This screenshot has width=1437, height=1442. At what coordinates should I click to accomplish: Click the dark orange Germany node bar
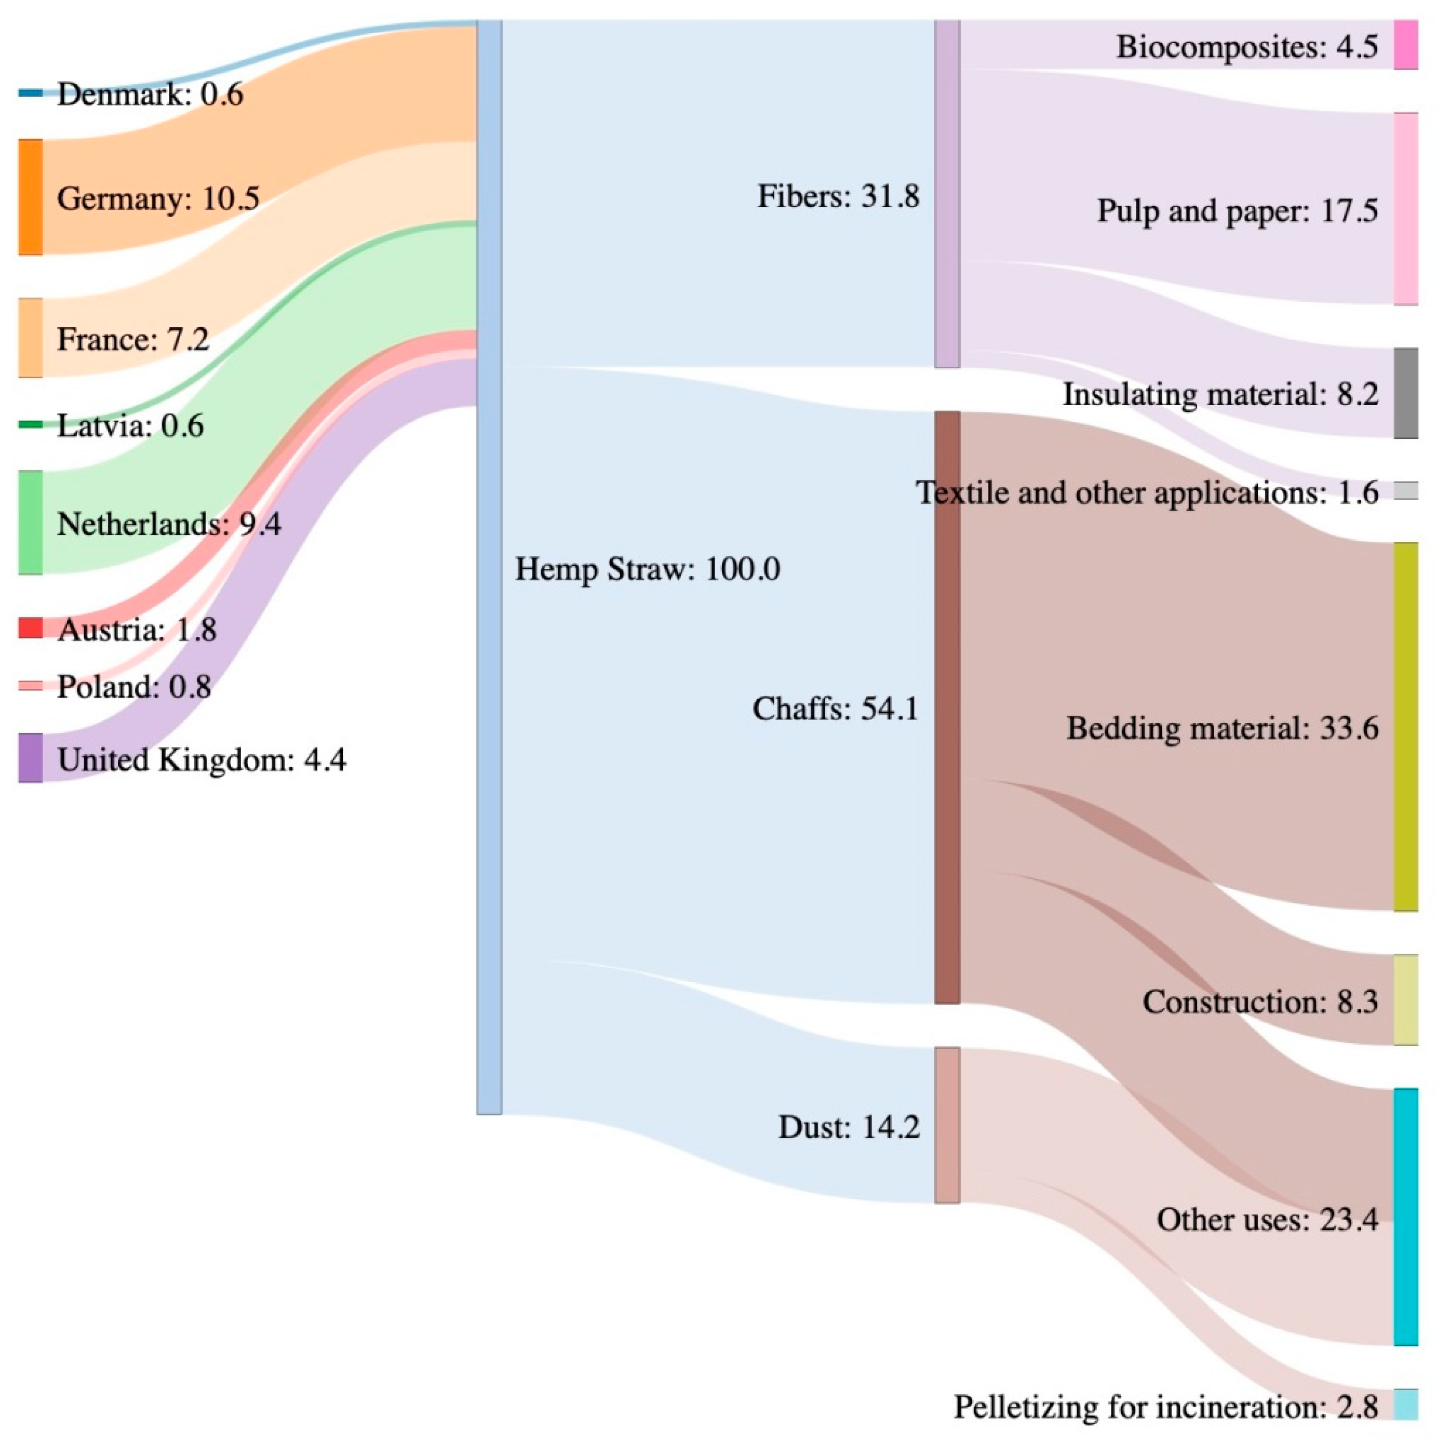tap(31, 197)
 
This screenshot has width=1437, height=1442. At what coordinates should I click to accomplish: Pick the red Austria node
tap(31, 627)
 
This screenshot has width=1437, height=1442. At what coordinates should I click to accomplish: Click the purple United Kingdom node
tap(31, 757)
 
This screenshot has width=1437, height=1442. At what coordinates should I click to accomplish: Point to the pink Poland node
tap(31, 685)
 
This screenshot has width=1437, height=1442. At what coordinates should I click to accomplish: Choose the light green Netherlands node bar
tap(31, 523)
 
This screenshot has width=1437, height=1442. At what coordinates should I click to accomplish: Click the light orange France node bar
tap(31, 338)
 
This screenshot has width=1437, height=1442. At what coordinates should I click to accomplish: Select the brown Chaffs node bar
tap(947, 707)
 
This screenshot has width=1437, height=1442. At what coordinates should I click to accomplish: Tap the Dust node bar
tap(947, 1125)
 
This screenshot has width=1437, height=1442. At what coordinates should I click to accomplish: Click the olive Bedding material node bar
tap(1406, 727)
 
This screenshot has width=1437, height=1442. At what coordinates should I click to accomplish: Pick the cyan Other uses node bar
tap(1406, 1217)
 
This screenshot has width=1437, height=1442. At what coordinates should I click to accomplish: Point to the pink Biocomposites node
tap(1406, 45)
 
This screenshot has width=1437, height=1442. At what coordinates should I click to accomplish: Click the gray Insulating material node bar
tap(1406, 393)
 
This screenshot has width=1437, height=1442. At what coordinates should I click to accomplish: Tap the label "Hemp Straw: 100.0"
tap(648, 569)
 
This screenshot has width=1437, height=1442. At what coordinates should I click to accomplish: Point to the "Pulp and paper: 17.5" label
tap(1237, 211)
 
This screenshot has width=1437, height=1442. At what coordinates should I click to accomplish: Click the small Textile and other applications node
tap(1406, 490)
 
